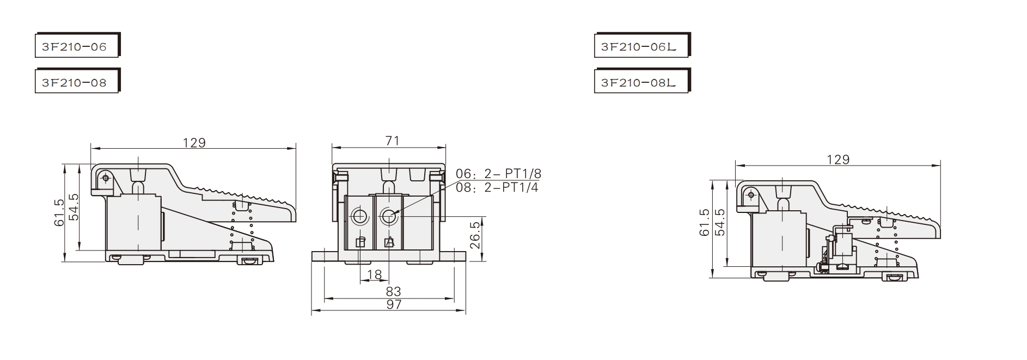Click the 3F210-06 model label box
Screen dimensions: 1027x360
point(77,46)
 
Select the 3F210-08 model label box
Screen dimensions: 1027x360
point(77,82)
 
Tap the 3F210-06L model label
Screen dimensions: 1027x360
point(642,46)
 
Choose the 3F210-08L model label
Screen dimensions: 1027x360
point(642,82)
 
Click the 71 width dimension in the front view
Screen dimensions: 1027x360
point(392,141)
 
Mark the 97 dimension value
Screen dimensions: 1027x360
point(393,304)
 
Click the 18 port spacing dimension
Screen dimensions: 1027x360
point(374,275)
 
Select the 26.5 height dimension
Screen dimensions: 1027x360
point(475,235)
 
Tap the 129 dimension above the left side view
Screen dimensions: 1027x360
point(194,143)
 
